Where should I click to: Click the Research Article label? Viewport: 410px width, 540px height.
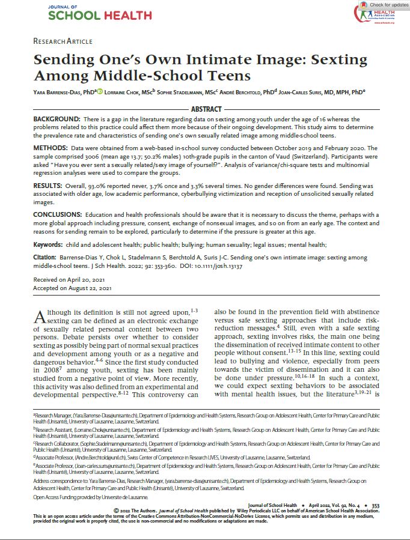63,41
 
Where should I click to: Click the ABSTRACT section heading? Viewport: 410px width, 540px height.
206,109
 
